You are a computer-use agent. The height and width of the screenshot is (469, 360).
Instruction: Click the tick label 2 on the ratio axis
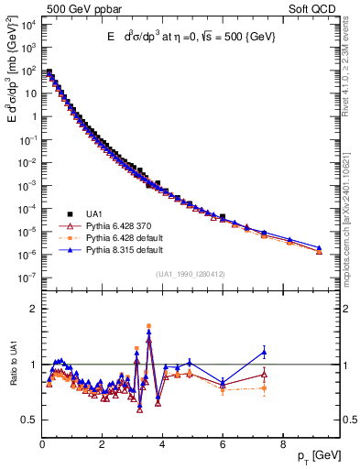33,309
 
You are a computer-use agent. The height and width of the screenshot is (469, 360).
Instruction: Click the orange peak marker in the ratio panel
148,325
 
